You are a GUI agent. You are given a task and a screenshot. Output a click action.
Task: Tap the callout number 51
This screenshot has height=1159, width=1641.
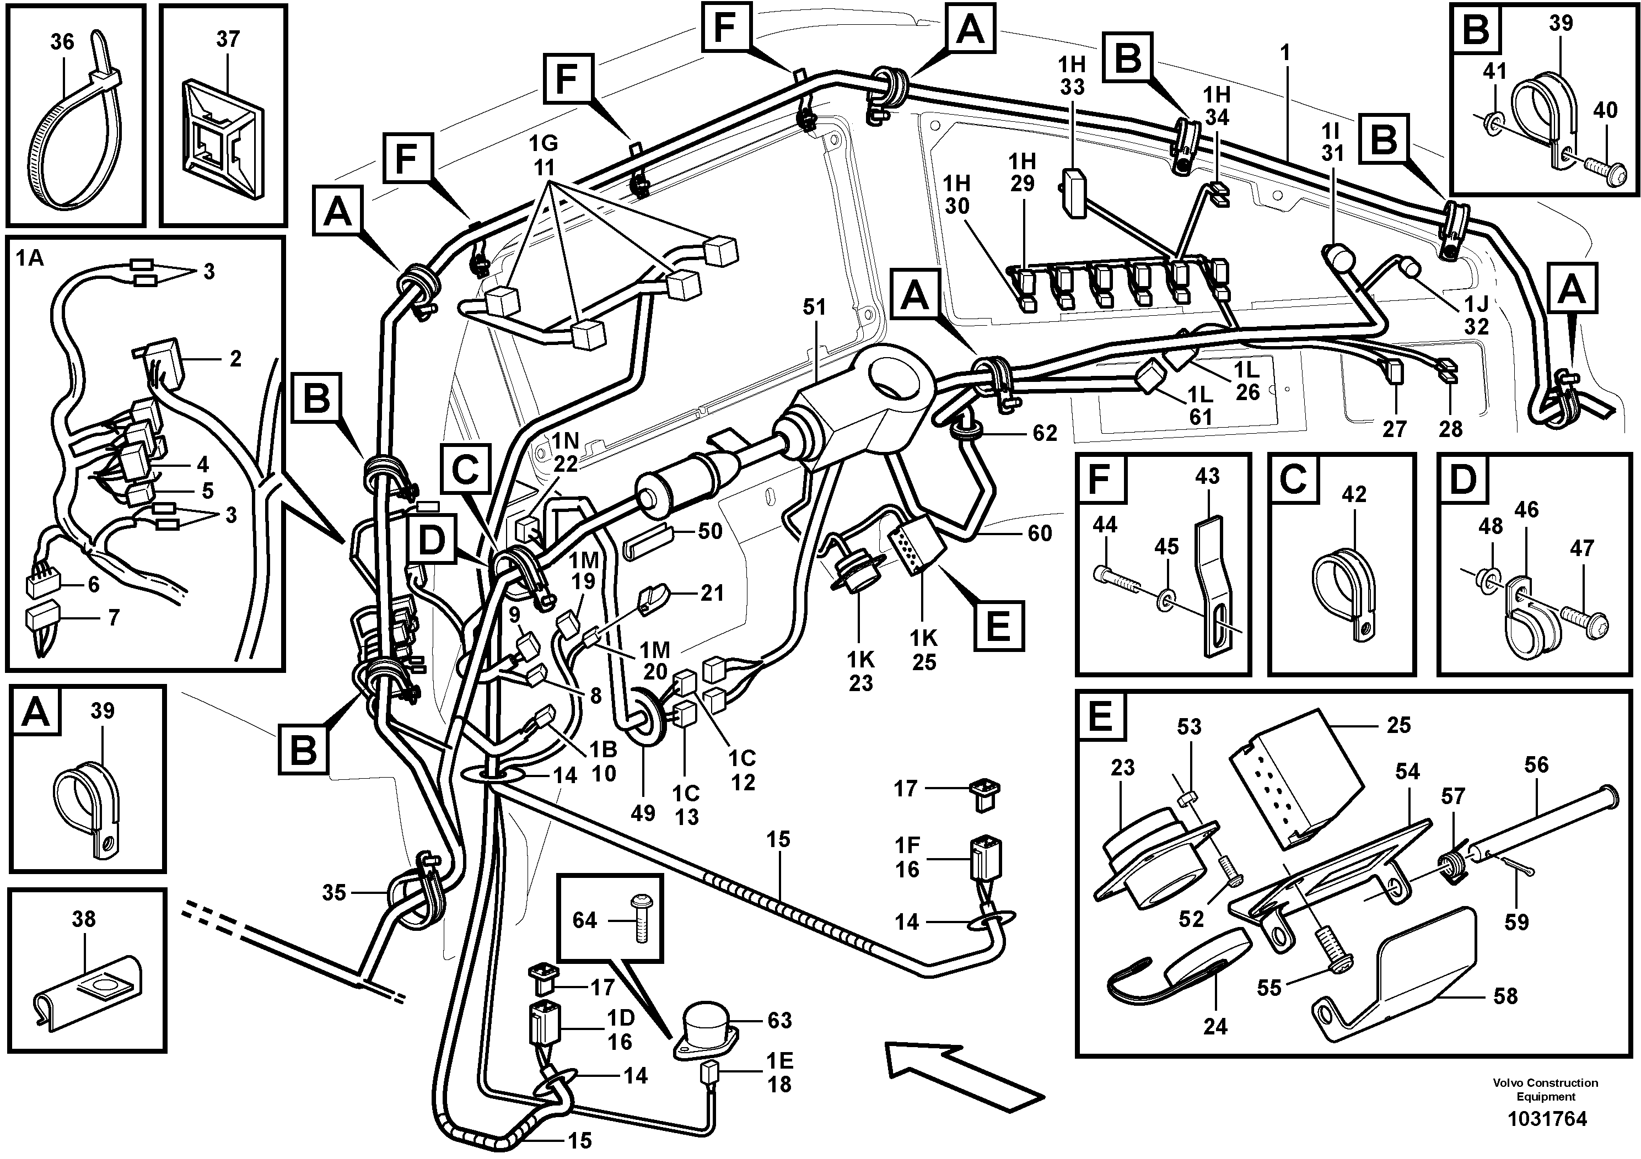pos(814,308)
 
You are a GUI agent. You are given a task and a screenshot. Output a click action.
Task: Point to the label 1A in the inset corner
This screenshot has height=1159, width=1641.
pos(30,258)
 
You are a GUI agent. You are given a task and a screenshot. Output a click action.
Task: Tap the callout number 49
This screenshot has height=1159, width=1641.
pos(643,812)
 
